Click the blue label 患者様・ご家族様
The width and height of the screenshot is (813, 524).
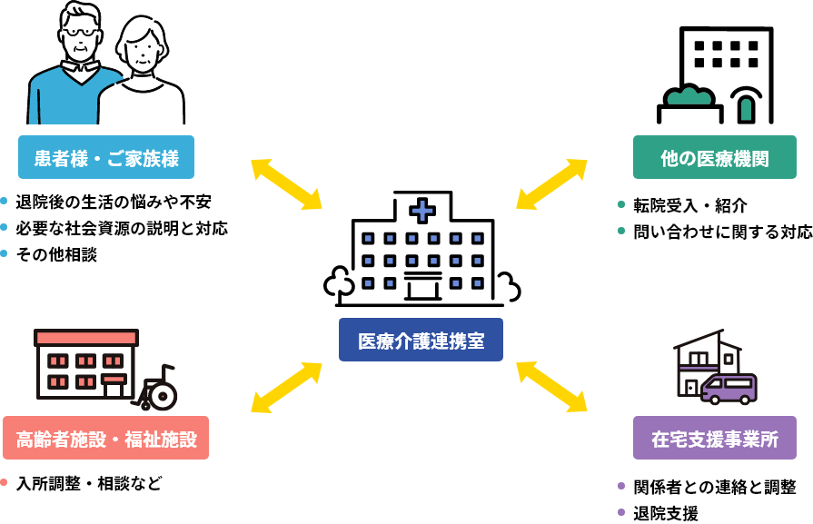(106, 158)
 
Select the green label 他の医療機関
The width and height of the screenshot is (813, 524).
(714, 158)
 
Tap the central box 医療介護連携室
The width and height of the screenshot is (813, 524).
(421, 341)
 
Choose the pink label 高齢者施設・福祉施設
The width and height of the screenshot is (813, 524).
(106, 439)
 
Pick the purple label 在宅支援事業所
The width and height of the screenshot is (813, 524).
(714, 439)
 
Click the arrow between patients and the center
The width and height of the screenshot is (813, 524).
(286, 184)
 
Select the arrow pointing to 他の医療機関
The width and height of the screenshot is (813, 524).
(551, 184)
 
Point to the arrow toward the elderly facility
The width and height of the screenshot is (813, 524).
(286, 387)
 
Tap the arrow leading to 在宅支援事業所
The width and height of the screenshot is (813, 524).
(551, 387)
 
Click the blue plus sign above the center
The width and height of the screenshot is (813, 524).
(422, 212)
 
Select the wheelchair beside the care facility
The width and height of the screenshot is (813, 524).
(158, 389)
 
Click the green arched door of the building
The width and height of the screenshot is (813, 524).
(745, 108)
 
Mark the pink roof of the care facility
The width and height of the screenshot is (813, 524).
(86, 338)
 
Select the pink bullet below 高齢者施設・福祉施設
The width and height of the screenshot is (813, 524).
(4, 482)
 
